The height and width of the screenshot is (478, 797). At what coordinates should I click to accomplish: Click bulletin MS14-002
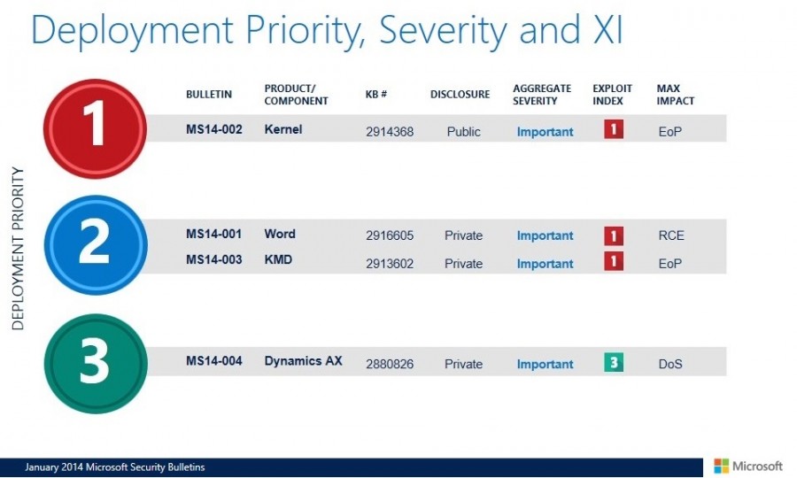pos(214,129)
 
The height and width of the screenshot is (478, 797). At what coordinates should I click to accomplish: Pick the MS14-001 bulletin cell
pos(214,235)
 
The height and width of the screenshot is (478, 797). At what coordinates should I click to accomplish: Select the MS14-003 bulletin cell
pos(214,259)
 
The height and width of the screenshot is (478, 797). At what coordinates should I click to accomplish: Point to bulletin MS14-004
pos(214,361)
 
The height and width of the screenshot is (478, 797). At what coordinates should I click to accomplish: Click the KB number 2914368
pos(390,132)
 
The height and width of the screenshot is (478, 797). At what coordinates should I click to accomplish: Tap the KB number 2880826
pos(390,364)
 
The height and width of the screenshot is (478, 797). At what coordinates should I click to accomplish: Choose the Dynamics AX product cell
pos(303,361)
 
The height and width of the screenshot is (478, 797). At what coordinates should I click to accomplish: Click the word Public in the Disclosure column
pos(464,132)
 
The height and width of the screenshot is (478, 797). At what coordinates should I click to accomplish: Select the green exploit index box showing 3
pos(614,363)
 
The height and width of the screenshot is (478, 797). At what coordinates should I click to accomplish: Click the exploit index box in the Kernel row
pos(614,130)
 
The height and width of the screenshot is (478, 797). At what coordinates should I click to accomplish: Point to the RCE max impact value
pos(671,235)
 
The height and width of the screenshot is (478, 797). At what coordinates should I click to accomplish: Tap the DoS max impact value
pos(670,364)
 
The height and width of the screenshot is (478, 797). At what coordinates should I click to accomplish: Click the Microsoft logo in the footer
pos(748,466)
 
